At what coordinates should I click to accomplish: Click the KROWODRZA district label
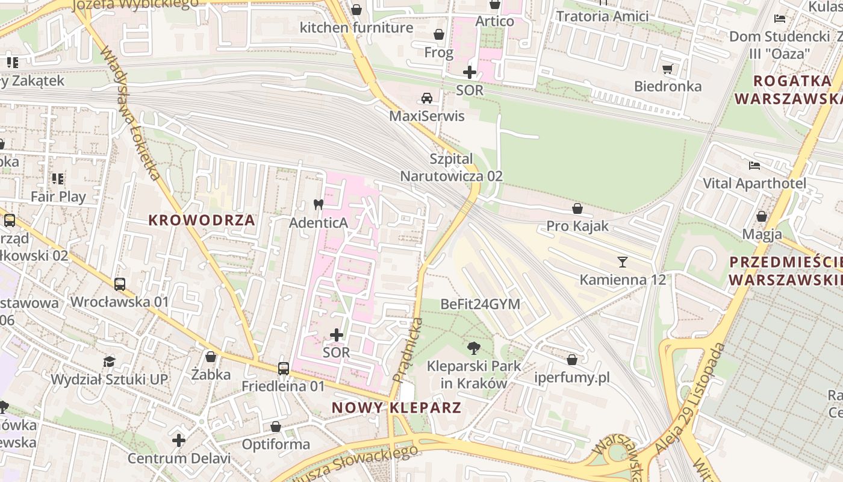pos(202,221)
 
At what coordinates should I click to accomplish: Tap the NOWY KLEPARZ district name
pos(397,408)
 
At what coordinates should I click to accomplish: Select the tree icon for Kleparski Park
pos(474,348)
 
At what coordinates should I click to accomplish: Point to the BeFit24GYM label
pos(480,304)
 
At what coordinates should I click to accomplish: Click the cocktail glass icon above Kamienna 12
pos(623,262)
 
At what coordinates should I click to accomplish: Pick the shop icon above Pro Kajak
pos(577,208)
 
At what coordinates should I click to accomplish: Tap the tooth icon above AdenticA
pos(319,205)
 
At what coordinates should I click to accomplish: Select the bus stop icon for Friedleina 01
pos(283,368)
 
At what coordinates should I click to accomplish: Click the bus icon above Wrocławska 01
pos(120,284)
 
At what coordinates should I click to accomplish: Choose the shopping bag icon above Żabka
pos(211,357)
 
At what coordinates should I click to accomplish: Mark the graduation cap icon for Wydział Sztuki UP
pos(109,361)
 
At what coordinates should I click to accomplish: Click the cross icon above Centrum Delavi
pos(179,440)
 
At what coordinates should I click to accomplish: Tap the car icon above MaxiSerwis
pos(426,98)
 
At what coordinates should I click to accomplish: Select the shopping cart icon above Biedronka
pos(667,69)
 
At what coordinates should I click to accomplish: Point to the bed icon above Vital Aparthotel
pos(754,166)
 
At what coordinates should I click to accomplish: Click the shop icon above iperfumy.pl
pos(572,360)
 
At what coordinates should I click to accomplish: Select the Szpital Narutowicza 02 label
pos(452,167)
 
